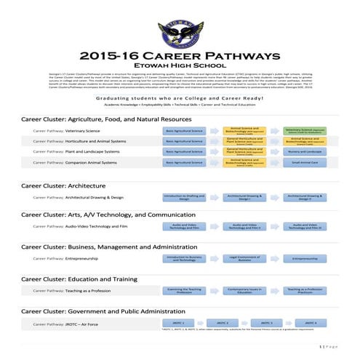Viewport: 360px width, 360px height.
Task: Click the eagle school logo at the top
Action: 180,33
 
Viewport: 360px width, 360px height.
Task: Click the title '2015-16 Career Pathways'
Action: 180,56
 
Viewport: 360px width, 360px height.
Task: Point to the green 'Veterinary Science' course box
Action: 305,131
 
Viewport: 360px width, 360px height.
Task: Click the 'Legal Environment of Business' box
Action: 244,258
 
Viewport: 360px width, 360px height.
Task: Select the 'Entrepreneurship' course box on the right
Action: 305,258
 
